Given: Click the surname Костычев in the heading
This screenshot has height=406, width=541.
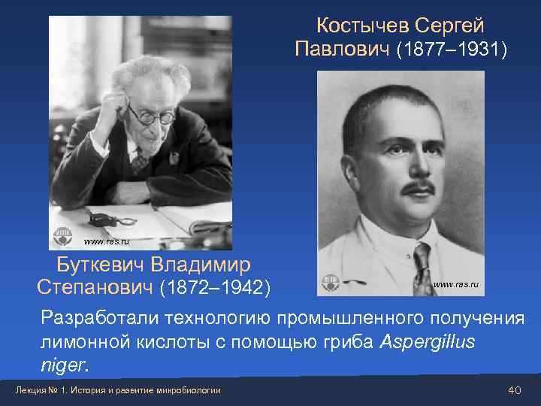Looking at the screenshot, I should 362,26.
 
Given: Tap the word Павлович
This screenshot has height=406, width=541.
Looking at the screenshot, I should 342,50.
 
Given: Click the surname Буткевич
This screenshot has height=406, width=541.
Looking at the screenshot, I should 101,265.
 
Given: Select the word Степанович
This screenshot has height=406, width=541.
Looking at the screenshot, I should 95,287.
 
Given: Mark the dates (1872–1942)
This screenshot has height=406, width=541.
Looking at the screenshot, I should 216,287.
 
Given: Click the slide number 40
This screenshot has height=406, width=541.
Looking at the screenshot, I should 514,389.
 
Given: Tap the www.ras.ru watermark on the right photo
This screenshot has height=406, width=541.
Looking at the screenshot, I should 455,284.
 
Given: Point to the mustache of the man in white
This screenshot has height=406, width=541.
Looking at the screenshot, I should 419,186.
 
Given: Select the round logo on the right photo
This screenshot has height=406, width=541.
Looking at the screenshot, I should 331,282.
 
